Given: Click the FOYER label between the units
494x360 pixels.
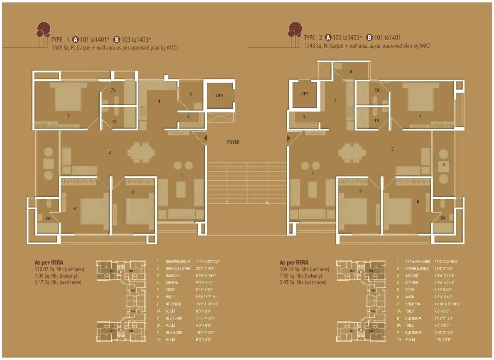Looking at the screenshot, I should [x=233, y=142].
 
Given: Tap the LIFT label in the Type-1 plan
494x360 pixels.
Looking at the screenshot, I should [x=219, y=96].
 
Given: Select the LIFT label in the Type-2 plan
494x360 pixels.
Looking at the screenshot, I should [x=304, y=94].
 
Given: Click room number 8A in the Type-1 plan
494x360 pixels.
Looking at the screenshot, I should [x=48, y=218].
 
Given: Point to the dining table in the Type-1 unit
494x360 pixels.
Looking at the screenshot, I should [x=141, y=152].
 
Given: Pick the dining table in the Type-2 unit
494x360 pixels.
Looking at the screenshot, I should [x=352, y=152].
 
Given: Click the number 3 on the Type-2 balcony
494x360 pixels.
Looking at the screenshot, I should [x=443, y=165].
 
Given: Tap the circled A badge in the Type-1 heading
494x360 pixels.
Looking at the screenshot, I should [x=76, y=39].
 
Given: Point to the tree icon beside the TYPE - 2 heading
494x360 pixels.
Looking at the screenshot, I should [x=295, y=30].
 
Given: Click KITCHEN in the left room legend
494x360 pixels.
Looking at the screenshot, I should [x=172, y=283].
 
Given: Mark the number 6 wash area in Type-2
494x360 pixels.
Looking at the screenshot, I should [x=351, y=72].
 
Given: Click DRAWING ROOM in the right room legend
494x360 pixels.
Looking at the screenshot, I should [x=418, y=262].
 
